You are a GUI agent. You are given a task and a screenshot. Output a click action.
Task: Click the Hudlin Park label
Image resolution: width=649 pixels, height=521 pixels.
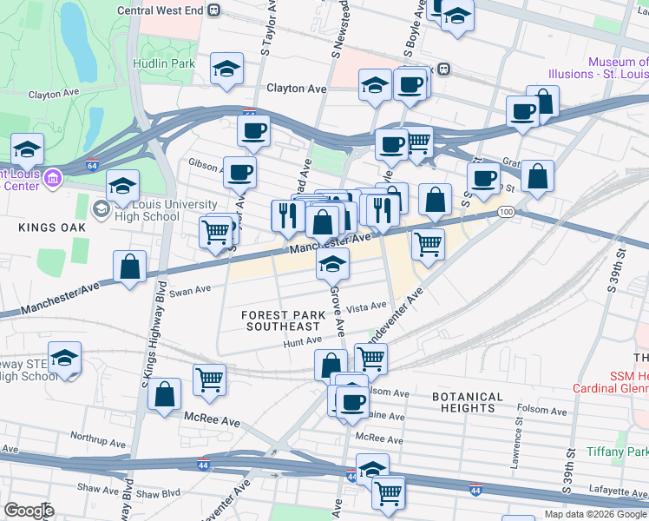click(164, 63)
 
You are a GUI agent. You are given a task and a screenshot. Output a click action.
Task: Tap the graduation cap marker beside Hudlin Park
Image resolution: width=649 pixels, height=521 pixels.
click(227, 69)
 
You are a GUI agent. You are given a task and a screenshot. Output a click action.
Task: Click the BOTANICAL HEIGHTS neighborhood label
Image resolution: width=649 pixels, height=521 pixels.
click(468, 403)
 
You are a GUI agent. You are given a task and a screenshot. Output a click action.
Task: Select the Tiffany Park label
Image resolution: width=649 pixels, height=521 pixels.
click(617, 452)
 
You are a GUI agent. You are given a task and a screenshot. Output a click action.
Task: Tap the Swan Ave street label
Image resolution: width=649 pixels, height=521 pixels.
click(190, 291)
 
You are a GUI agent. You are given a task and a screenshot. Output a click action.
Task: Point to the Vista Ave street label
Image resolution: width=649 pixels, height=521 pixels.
click(366, 307)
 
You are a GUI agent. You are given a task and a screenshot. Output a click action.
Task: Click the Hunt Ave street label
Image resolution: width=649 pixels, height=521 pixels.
click(302, 342)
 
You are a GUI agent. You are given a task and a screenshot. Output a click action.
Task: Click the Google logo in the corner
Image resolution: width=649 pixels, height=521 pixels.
click(29, 511)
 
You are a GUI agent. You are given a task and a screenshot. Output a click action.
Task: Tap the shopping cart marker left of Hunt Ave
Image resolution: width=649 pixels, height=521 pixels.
click(210, 378)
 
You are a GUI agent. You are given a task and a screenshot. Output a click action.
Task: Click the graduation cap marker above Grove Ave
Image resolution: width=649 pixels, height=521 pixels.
click(331, 264)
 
